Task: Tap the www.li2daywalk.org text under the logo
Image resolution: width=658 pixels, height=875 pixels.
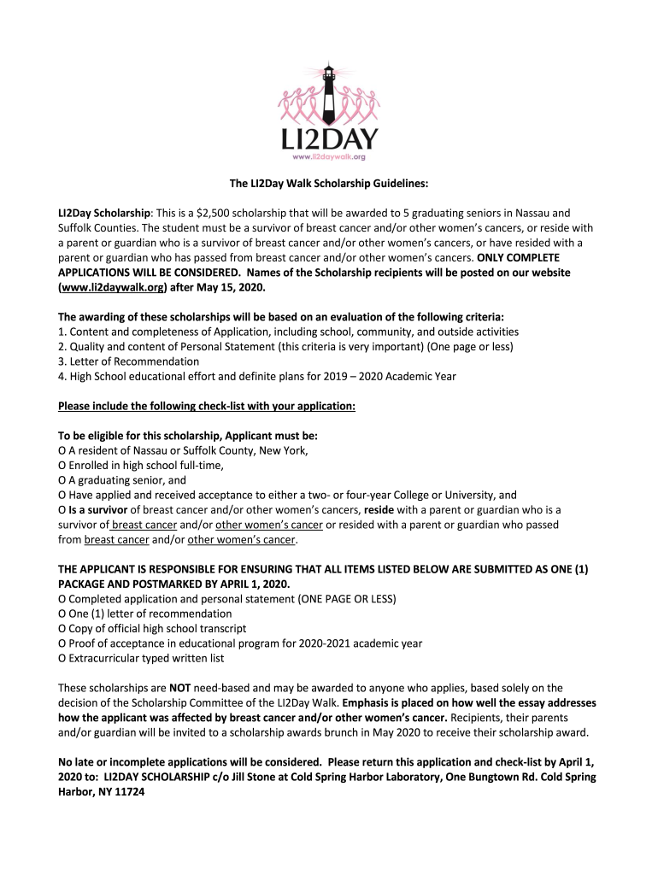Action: pyautogui.click(x=329, y=157)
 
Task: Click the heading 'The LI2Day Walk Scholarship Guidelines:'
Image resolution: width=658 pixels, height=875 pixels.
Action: pyautogui.click(x=328, y=183)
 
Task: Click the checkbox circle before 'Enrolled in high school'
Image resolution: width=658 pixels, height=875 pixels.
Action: pyautogui.click(x=62, y=465)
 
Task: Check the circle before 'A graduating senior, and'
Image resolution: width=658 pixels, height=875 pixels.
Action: pyautogui.click(x=62, y=480)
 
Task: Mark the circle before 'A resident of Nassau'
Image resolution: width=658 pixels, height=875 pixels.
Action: pyautogui.click(x=62, y=450)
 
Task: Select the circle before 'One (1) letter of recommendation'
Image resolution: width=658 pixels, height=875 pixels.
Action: pyautogui.click(x=62, y=614)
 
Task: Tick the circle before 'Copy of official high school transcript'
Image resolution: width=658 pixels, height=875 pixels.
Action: pyautogui.click(x=62, y=628)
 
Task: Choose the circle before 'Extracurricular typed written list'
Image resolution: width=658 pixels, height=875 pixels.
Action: pyautogui.click(x=62, y=658)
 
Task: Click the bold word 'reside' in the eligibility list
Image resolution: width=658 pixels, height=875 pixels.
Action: pyautogui.click(x=379, y=510)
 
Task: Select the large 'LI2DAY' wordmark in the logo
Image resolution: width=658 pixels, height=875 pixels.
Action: pyautogui.click(x=329, y=138)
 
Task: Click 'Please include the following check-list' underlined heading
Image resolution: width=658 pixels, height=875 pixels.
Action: pyautogui.click(x=206, y=406)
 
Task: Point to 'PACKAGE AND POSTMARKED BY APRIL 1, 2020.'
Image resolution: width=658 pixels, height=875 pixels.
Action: pyautogui.click(x=173, y=584)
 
